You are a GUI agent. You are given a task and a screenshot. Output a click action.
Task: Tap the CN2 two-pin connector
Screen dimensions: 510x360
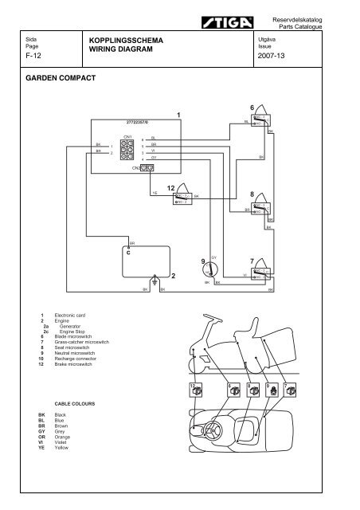coord(143,167)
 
